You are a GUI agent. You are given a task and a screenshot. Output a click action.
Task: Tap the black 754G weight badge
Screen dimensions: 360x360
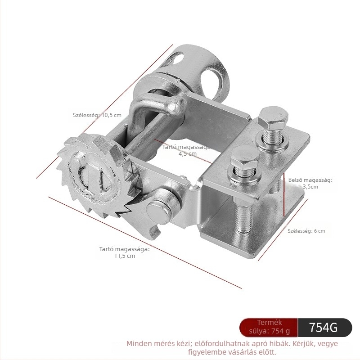[324, 328]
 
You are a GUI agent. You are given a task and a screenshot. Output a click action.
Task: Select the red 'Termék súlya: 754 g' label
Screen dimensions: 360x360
[269, 328]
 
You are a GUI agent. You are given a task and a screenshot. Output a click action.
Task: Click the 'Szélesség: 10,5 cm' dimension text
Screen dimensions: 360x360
[97, 115]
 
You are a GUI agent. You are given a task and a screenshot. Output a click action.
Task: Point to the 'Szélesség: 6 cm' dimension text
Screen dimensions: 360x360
[306, 231]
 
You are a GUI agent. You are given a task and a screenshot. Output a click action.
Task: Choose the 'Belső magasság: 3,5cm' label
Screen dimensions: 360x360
[310, 183]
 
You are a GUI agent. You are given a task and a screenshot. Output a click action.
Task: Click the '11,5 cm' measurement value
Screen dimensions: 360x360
[125, 256]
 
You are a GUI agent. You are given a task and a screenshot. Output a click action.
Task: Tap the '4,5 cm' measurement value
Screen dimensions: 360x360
[188, 153]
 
